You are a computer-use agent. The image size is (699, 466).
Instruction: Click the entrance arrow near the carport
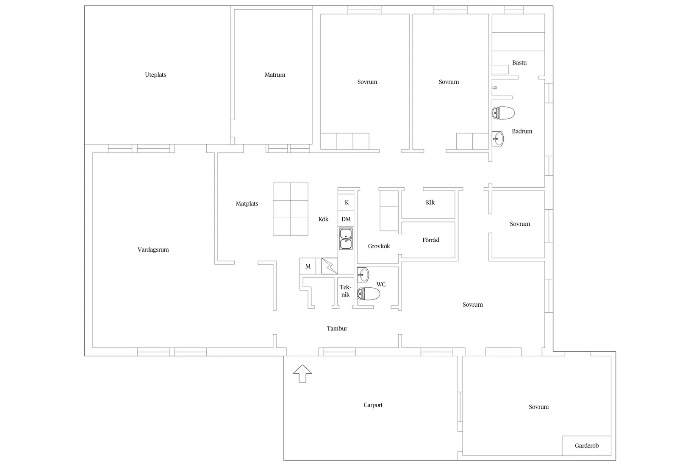pyautogui.click(x=302, y=373)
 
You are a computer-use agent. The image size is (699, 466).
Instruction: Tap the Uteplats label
pyautogui.click(x=155, y=75)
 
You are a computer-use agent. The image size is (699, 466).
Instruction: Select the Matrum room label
pyautogui.click(x=275, y=75)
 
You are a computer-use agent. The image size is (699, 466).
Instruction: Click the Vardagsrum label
pyautogui.click(x=153, y=250)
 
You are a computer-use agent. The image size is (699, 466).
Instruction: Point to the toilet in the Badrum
pyautogui.click(x=503, y=113)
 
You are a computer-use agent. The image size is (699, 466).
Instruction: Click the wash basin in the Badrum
pyautogui.click(x=498, y=139)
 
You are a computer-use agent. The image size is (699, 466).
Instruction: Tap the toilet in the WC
pyautogui.click(x=368, y=294)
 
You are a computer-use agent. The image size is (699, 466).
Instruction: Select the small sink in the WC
pyautogui.click(x=363, y=275)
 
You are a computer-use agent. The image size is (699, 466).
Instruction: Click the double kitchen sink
pyautogui.click(x=346, y=239)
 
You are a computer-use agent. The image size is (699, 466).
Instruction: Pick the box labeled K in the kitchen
pyautogui.click(x=346, y=202)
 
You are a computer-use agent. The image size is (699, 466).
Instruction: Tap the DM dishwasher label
pyautogui.click(x=346, y=219)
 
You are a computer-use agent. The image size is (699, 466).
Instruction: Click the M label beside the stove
pyautogui.click(x=308, y=266)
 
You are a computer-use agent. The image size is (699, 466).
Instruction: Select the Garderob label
pyautogui.click(x=587, y=446)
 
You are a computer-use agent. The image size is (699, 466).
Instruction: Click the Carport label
pyautogui.click(x=373, y=405)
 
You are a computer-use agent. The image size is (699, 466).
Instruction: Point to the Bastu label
pyautogui.click(x=519, y=63)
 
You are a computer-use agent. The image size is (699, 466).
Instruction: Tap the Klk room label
pyautogui.click(x=430, y=202)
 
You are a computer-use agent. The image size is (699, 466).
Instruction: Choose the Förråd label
pyautogui.click(x=431, y=240)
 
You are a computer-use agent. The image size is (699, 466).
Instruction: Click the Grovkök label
pyautogui.click(x=379, y=246)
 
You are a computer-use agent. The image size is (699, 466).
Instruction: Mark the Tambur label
pyautogui.click(x=337, y=328)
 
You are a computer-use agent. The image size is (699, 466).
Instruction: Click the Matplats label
pyautogui.click(x=247, y=204)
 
